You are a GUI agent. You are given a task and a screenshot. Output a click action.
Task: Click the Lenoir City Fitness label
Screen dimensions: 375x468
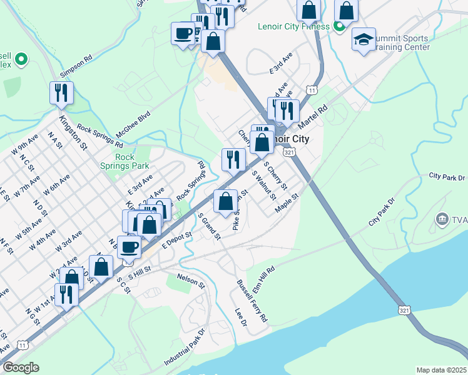pyautogui.click(x=293, y=26)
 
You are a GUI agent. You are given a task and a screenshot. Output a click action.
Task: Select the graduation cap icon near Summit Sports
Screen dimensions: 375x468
pyautogui.click(x=364, y=39)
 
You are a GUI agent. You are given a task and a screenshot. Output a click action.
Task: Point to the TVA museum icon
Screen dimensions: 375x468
pyautogui.click(x=442, y=219)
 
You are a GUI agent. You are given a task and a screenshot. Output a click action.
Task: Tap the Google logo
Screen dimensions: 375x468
pyautogui.click(x=21, y=367)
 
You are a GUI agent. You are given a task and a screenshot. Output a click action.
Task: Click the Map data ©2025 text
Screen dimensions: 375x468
pyautogui.click(x=441, y=370)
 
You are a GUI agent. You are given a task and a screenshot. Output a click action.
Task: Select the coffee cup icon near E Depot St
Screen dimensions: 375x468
pyautogui.click(x=130, y=246)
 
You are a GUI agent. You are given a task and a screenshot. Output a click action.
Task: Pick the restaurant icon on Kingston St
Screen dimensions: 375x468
pyautogui.click(x=61, y=93)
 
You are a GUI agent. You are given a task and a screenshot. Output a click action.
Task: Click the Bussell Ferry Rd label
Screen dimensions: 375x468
pyautogui.click(x=252, y=301)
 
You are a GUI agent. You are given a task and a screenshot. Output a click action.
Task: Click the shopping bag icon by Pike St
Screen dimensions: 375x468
pyautogui.click(x=226, y=201)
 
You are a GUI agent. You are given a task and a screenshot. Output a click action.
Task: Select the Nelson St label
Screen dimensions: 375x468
pyautogui.click(x=191, y=280)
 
